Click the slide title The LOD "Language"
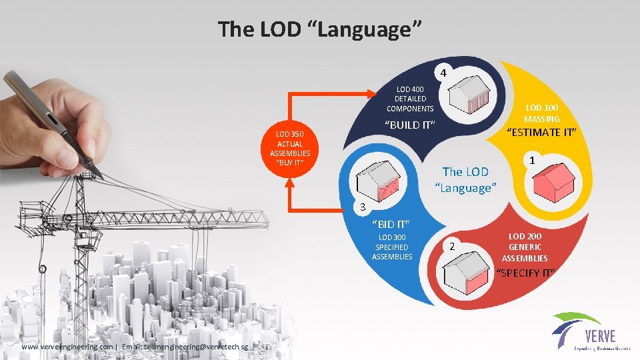point(319,29)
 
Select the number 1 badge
point(531,161)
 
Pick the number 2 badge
point(452,247)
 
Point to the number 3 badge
point(361,207)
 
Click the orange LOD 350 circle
point(290,148)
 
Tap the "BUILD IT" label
point(410,125)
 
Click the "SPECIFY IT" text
point(526,273)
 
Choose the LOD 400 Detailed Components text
point(410,99)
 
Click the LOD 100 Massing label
point(542,113)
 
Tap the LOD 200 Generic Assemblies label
point(525,247)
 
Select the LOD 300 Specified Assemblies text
point(392,247)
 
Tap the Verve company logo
point(587,331)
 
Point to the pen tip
point(99,175)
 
